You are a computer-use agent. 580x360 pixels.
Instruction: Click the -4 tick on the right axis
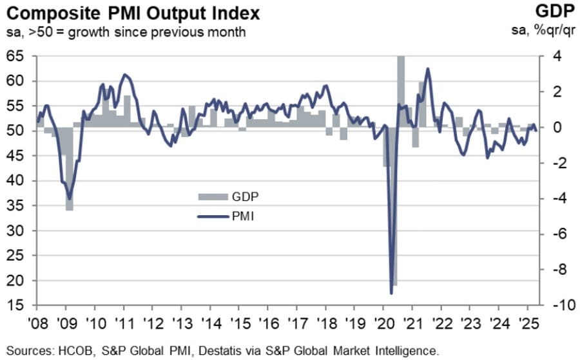[556, 199]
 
